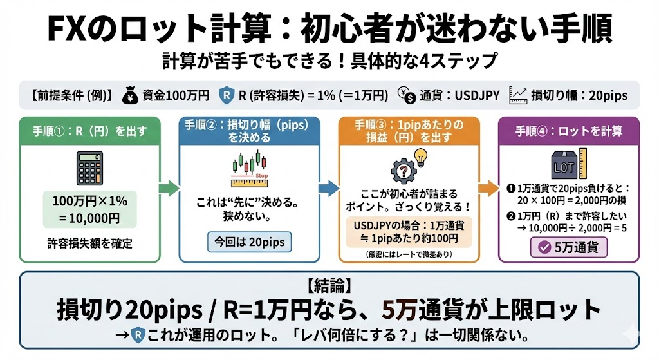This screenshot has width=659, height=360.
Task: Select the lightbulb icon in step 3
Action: pos(421,156)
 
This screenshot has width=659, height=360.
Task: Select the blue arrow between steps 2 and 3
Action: pos(328,189)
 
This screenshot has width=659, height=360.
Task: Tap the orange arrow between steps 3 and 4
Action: pos(489,189)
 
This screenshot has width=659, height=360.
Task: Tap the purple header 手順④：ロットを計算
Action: pos(568,131)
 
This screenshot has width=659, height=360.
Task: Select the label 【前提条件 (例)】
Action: pos(71,95)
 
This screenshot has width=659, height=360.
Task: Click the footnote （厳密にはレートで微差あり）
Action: pos(409,254)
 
